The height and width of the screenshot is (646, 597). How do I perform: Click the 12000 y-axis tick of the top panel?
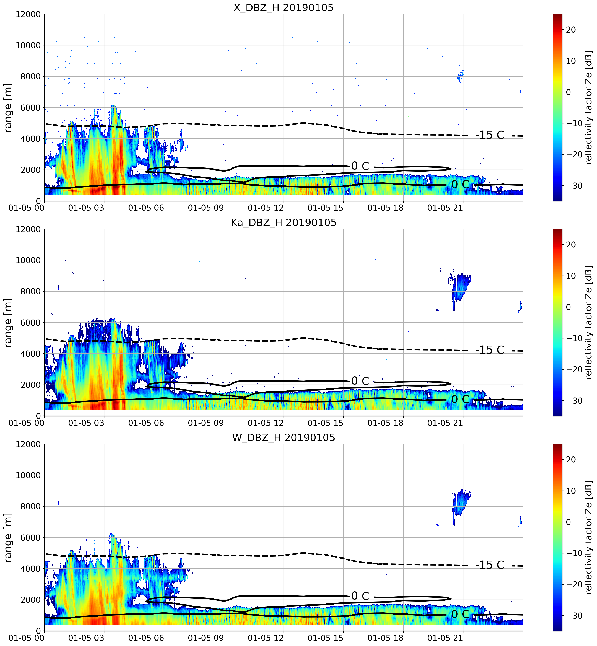[28, 14]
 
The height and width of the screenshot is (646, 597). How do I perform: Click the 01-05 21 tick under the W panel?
[445, 638]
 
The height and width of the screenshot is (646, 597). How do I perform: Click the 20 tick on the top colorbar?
[571, 30]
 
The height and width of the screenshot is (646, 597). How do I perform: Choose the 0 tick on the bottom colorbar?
[569, 522]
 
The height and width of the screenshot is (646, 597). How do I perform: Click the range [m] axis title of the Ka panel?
[8, 323]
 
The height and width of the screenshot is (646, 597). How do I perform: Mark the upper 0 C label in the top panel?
[360, 166]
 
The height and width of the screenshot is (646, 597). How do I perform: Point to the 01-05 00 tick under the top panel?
[27, 208]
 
